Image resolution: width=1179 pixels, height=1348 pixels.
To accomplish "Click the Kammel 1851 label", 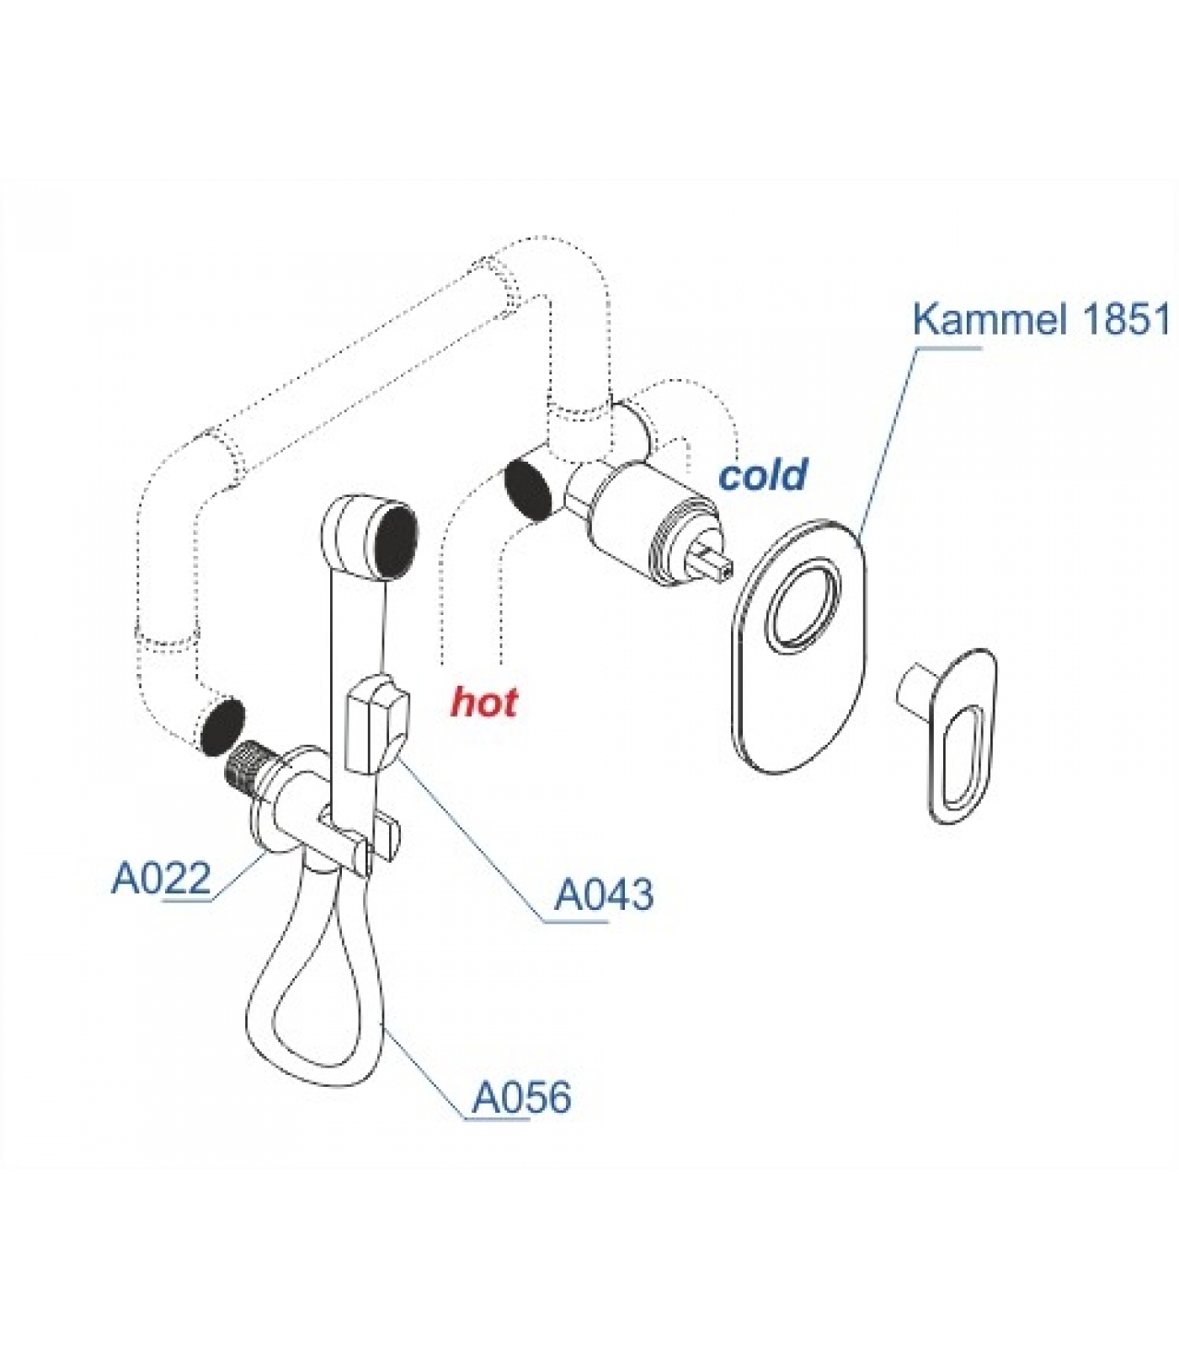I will [1041, 319].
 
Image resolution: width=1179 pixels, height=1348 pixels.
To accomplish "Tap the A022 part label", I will [161, 879].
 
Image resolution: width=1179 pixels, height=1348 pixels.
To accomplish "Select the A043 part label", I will [603, 895].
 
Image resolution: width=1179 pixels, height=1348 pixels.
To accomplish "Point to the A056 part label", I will [521, 1098].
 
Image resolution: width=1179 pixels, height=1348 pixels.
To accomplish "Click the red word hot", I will [484, 702].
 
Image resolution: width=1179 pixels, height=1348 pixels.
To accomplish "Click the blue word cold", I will [762, 475].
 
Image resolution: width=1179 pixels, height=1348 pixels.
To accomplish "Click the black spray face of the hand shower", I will [396, 541].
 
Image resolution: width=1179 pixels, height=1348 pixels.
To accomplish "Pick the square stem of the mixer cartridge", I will [713, 561].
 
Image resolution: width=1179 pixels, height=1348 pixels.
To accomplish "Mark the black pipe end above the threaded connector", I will [221, 725].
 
